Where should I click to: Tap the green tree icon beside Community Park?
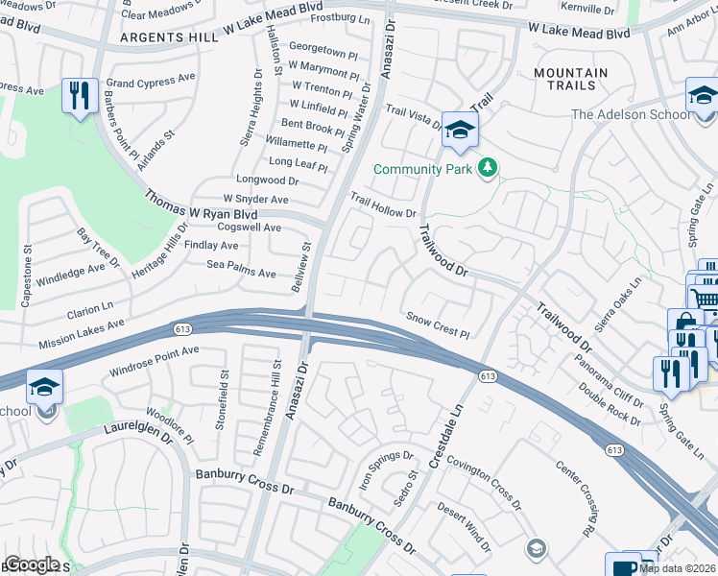489,169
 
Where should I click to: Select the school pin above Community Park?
460,130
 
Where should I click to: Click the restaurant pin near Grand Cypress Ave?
78,96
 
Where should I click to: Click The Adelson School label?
630,115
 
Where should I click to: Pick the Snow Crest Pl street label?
437,325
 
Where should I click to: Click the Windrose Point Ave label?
155,360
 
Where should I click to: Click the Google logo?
33,564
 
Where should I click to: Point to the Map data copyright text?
677,568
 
